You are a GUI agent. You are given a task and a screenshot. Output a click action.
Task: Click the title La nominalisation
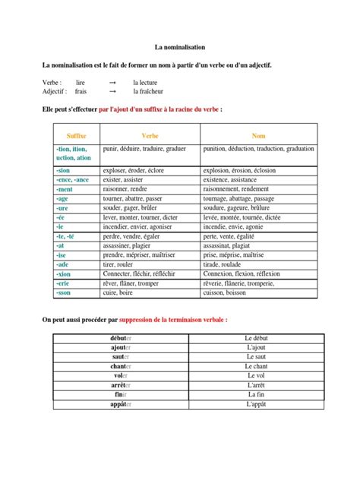pyautogui.click(x=180, y=46)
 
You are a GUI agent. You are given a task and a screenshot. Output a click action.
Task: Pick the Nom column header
pyautogui.click(x=259, y=134)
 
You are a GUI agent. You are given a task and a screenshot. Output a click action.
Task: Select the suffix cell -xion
pyautogui.click(x=63, y=273)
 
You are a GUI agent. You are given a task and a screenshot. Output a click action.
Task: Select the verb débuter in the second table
pyautogui.click(x=121, y=337)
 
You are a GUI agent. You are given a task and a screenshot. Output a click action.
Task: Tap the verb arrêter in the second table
pyautogui.click(x=121, y=385)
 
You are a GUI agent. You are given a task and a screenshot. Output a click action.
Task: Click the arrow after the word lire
pyautogui.click(x=112, y=81)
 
